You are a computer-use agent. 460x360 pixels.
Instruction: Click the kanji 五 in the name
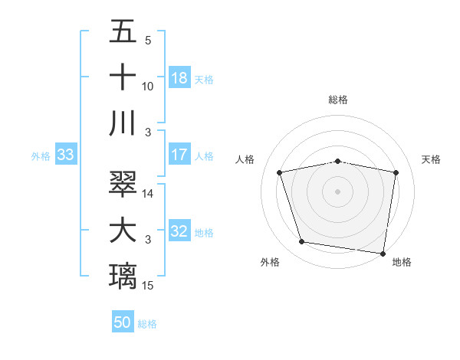coord(123,33)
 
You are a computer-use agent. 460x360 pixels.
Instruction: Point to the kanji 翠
coord(123,185)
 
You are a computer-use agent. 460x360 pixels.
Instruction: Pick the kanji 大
coord(123,231)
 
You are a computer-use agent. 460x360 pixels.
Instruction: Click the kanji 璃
coord(123,277)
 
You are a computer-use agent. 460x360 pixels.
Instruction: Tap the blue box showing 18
coord(179,77)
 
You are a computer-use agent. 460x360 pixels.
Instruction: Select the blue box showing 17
coord(179,155)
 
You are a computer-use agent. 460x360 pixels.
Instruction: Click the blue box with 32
coord(179,231)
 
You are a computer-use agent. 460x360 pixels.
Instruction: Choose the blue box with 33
coord(65,155)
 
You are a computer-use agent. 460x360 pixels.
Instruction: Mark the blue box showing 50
coord(123,322)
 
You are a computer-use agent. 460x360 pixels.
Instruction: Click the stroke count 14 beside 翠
coord(148,194)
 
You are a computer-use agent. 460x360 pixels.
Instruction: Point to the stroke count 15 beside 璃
coord(148,286)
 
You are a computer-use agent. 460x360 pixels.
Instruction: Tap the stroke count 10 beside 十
coord(148,87)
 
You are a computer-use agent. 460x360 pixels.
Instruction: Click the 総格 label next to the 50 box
coord(147,324)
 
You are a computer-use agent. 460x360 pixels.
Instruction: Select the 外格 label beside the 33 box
coord(41,156)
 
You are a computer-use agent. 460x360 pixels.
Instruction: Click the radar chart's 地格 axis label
coord(402,262)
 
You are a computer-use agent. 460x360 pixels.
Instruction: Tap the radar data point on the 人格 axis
coord(280,172)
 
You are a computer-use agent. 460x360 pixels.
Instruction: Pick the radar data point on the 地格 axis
coord(383,253)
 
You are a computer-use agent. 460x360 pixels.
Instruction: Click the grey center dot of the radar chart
coord(337,191)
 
